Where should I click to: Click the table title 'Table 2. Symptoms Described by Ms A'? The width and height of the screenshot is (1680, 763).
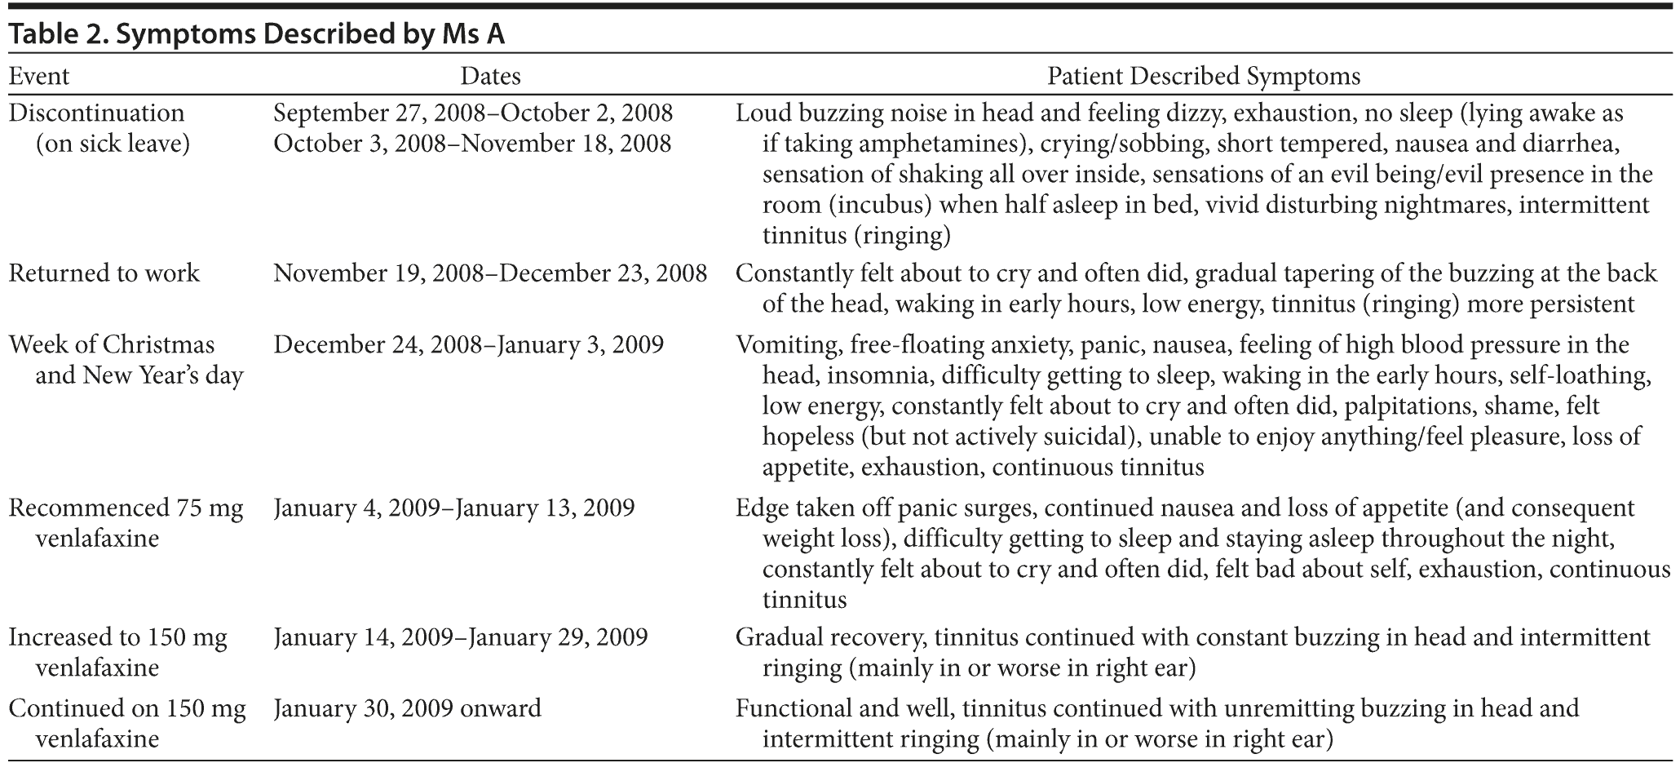click(x=257, y=34)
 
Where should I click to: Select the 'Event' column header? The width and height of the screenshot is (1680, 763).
click(x=38, y=77)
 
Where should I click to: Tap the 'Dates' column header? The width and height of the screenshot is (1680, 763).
click(x=490, y=77)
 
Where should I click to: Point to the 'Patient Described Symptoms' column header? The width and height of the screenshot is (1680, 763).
click(x=1204, y=77)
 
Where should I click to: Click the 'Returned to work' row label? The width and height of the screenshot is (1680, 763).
click(x=104, y=273)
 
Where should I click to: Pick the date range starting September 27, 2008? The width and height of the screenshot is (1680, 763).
click(x=473, y=113)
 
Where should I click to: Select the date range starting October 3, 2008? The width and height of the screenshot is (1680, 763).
click(x=472, y=144)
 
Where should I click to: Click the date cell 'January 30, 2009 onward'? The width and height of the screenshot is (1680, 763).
click(x=407, y=708)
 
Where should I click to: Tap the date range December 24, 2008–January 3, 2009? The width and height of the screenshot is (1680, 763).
click(x=468, y=344)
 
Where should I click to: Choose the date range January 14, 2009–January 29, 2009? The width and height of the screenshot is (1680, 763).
click(x=460, y=637)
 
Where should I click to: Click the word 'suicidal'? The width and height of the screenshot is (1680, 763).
click(x=1087, y=437)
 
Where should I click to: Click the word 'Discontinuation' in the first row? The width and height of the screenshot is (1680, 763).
click(x=96, y=113)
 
